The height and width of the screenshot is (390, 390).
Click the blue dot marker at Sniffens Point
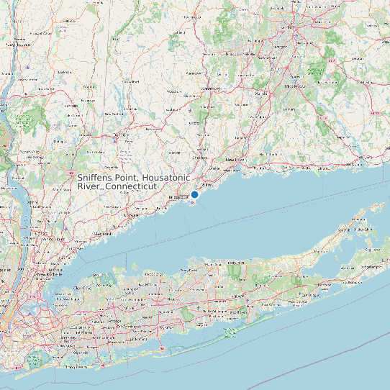(x=194, y=194)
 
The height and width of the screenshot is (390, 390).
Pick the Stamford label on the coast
(x=102, y=233)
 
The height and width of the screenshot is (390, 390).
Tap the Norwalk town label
(x=131, y=214)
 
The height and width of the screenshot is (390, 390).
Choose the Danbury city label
(x=121, y=135)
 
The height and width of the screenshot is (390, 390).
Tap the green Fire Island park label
(x=231, y=332)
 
